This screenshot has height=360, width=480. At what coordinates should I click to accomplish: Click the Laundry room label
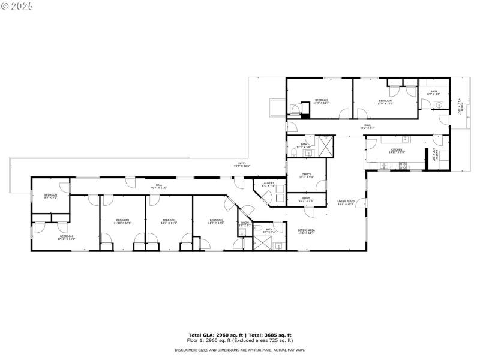[x=268, y=184]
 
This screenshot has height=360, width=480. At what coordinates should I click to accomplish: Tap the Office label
[x=307, y=175]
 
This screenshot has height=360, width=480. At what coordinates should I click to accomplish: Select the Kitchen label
[x=397, y=151]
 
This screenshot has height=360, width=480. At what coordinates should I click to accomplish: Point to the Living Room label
[x=346, y=202]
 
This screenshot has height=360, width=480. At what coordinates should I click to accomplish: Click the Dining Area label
[x=307, y=231]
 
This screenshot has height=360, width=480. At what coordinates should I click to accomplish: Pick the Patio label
[x=242, y=164]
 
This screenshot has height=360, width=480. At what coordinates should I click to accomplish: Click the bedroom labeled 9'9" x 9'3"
[x=50, y=196]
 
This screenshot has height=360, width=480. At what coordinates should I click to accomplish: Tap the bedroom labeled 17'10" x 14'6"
[x=65, y=237]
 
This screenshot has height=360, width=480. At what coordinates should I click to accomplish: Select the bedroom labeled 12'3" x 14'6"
[x=169, y=221]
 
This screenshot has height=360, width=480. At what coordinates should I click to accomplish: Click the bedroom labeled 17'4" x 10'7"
[x=322, y=101]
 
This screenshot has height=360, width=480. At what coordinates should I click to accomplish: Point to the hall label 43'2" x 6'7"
[x=367, y=127]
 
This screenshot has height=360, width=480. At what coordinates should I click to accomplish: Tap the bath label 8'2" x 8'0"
[x=433, y=92]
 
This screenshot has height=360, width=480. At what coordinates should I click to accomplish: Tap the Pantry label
[x=436, y=157]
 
